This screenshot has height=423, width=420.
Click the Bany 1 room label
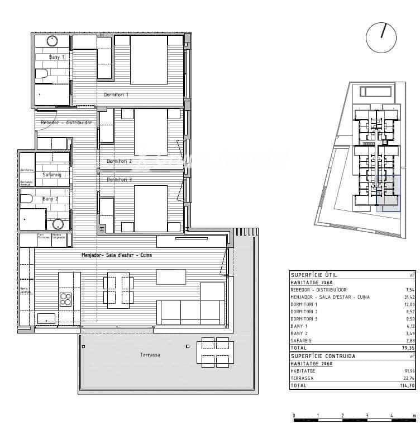[56, 57]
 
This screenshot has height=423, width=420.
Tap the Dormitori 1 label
[116, 95]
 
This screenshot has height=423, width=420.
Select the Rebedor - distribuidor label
[66, 123]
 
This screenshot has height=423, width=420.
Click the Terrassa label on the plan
[150, 355]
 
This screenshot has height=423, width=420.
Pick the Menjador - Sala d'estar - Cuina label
[116, 255]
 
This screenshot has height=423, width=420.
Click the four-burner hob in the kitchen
[65, 299]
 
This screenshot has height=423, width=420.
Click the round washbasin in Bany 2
[58, 224]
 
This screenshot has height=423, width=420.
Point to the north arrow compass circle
[381, 37]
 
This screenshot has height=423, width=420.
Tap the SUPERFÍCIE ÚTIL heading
[313, 275]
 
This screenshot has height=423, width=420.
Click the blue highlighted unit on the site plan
[388, 194]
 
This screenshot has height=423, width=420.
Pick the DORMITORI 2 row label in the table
[305, 312]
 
